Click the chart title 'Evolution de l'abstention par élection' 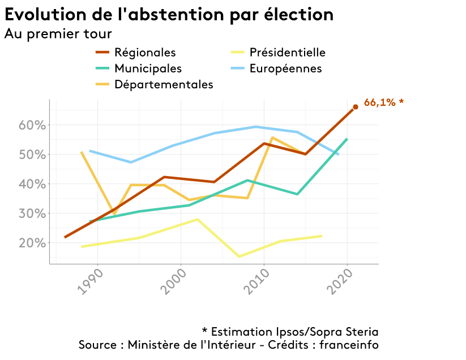point(169,14)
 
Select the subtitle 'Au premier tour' point(58,33)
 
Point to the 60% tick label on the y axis point(31,125)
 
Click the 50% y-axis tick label point(31,155)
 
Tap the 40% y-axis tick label point(31,184)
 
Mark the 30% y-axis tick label point(31,213)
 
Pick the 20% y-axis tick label point(31,243)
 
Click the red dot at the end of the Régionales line point(356,106)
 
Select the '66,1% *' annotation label point(384,102)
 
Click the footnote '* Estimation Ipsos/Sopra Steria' point(290,331)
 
